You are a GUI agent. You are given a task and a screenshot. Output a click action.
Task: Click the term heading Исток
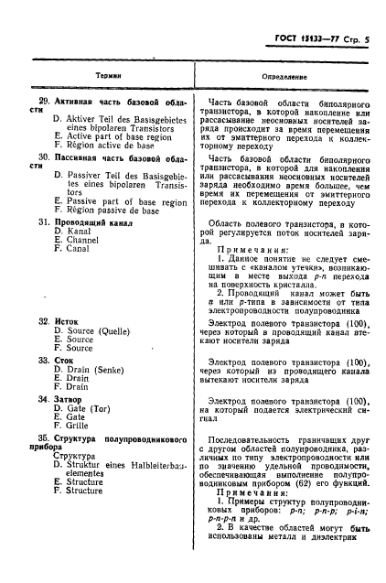(67, 323)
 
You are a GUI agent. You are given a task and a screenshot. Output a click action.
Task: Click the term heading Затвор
(70, 399)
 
